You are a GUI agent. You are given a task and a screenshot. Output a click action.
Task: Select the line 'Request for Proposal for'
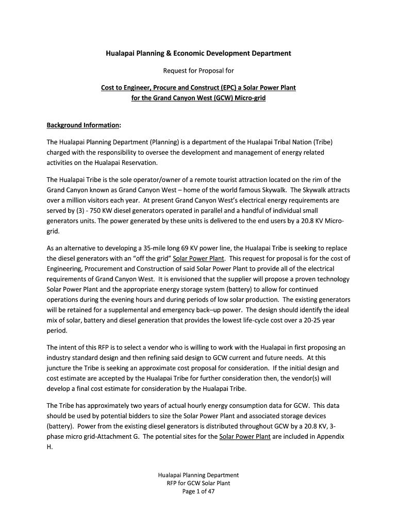click(198, 70)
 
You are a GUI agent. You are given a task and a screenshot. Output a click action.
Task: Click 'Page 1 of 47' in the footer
click(198, 491)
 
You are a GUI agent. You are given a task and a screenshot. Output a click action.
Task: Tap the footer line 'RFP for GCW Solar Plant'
click(198, 483)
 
